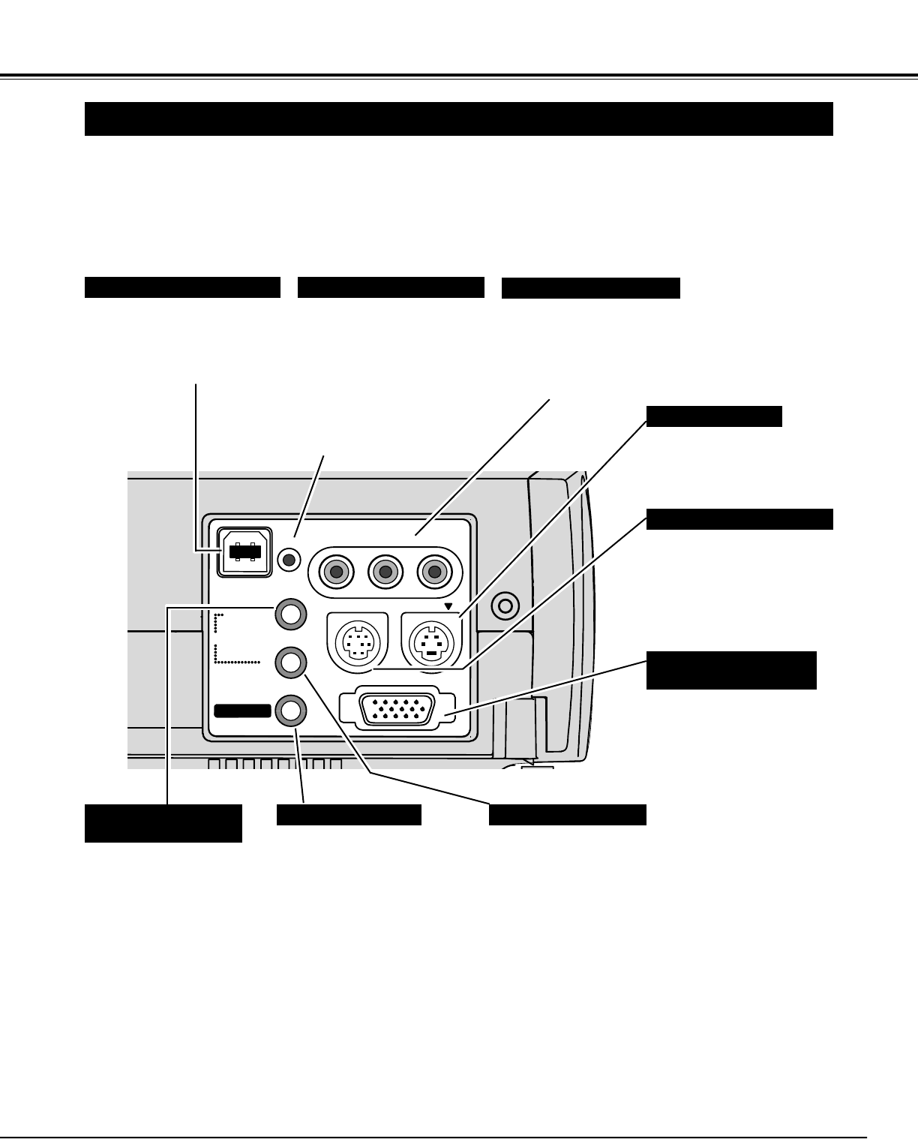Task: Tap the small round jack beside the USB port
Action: pyautogui.click(x=289, y=559)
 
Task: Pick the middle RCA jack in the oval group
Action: pyautogui.click(x=385, y=573)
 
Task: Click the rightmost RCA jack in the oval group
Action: pyautogui.click(x=433, y=573)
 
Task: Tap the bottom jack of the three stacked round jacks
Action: pyautogui.click(x=291, y=710)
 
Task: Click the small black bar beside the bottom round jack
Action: pyautogui.click(x=242, y=710)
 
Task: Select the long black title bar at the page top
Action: pyautogui.click(x=458, y=119)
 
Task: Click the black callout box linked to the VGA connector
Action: pyautogui.click(x=730, y=670)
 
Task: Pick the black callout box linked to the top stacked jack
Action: pyautogui.click(x=163, y=823)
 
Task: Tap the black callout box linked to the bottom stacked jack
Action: pyautogui.click(x=349, y=815)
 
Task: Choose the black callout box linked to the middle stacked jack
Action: pyautogui.click(x=567, y=815)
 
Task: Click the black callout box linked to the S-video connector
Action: pyautogui.click(x=713, y=416)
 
